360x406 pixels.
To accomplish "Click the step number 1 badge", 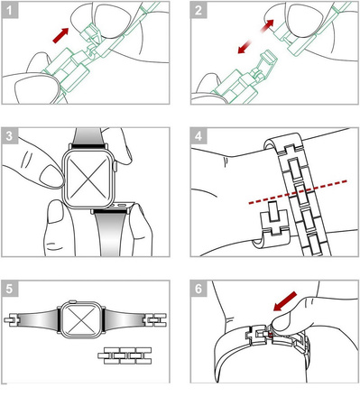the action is (10, 10).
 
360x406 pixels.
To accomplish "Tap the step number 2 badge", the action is (198, 10).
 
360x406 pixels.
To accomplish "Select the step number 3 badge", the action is (10, 135).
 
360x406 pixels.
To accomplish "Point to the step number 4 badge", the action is (198, 135).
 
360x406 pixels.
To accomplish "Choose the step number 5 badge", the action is (10, 289).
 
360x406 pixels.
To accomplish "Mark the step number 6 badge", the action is (198, 289).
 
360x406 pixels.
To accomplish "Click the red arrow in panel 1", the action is (60, 35).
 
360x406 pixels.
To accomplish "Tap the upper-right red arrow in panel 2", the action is (267, 25).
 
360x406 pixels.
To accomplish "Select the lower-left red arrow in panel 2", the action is (245, 47).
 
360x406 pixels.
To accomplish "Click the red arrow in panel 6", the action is (285, 300).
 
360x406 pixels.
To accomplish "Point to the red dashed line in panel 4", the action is (298, 192).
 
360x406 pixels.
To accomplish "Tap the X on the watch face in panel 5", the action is (81, 319).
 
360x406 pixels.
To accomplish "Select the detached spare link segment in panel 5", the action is (125, 355).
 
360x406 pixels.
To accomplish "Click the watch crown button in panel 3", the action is (115, 166).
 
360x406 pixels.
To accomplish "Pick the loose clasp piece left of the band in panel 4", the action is (272, 224).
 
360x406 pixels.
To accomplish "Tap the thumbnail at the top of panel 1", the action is (112, 22).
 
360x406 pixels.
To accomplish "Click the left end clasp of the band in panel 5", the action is (12, 319).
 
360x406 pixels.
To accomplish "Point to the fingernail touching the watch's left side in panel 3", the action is (51, 177).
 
